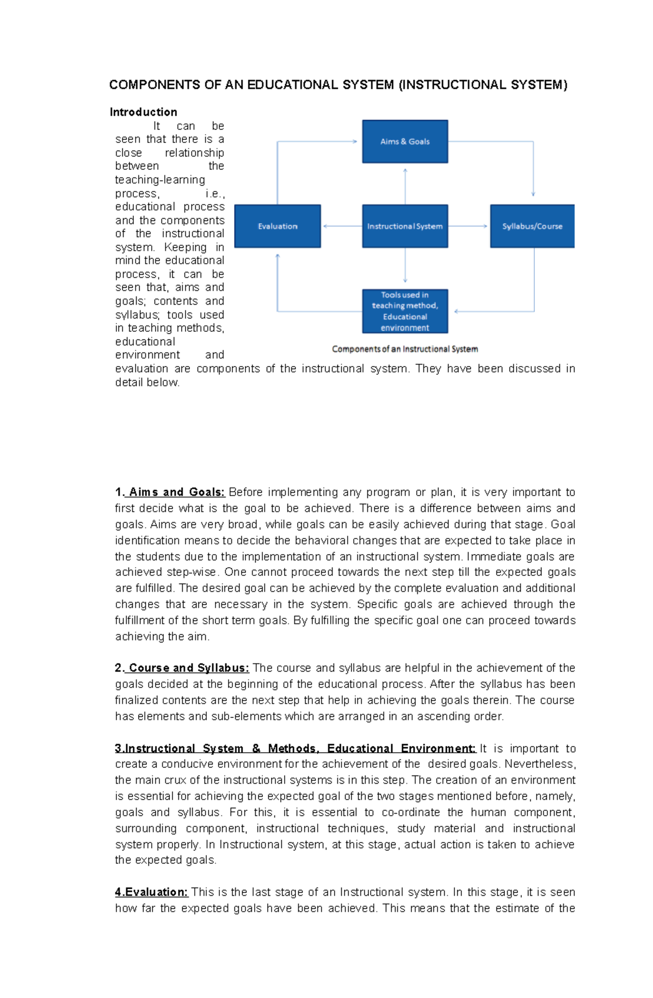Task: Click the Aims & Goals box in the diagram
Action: click(405, 141)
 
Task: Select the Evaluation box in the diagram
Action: click(278, 226)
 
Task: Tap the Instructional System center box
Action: click(405, 226)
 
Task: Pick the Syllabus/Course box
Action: click(532, 226)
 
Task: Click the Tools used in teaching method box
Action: click(405, 311)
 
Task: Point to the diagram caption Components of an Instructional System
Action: click(405, 349)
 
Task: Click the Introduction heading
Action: click(143, 112)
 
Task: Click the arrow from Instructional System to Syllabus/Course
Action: click(468, 226)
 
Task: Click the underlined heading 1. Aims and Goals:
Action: click(170, 492)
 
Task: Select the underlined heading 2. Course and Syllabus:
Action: click(182, 668)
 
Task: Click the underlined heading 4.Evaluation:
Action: click(151, 892)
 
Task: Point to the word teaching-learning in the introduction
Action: click(160, 180)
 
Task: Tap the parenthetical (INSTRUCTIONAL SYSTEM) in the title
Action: click(483, 85)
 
